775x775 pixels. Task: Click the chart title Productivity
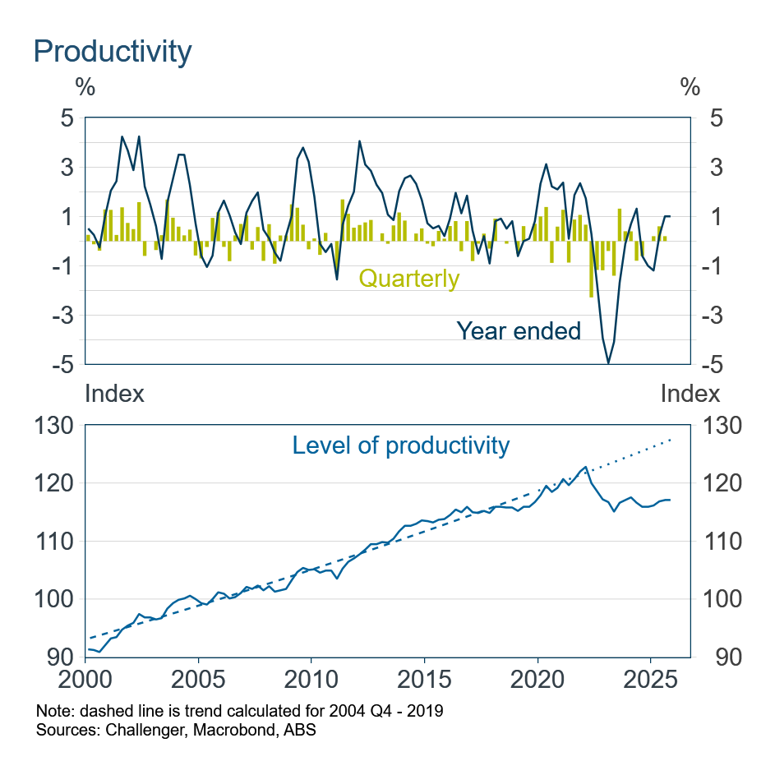point(112,51)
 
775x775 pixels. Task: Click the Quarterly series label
point(408,279)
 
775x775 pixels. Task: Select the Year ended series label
point(518,330)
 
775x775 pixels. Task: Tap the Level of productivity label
point(401,445)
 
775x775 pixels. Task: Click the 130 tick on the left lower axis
point(54,426)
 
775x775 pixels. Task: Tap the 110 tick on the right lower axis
point(716,542)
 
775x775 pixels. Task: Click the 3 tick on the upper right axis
point(704,168)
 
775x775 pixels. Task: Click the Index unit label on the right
point(690,394)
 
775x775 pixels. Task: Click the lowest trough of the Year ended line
point(608,362)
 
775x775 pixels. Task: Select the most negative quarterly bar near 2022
point(591,269)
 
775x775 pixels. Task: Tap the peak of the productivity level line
point(585,467)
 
